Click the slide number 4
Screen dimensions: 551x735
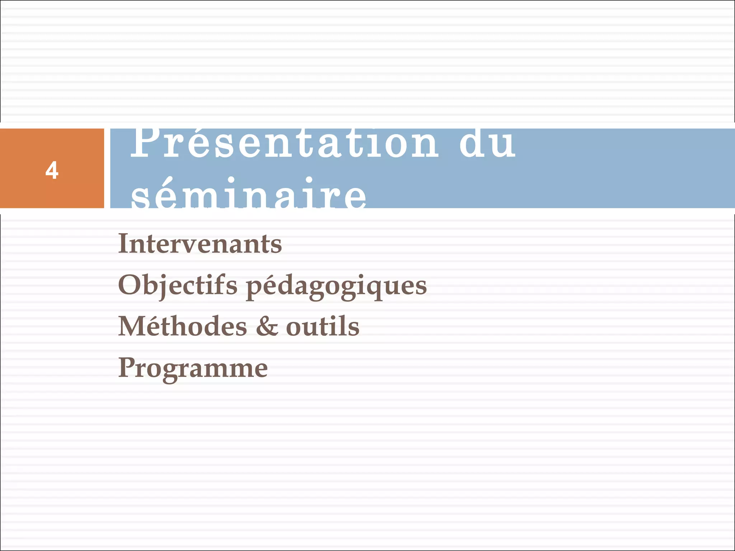coord(52,170)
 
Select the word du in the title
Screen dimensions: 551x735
coord(487,143)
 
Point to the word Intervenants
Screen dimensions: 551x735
coord(200,244)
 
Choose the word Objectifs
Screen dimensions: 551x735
coord(178,286)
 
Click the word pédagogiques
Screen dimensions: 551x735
coord(336,287)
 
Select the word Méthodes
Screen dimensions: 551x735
coord(183,327)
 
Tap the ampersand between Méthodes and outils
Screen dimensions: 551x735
coord(267,327)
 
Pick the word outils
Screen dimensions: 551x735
coord(323,327)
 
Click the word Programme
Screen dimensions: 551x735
coord(193,369)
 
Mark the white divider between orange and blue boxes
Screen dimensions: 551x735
coord(107,168)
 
